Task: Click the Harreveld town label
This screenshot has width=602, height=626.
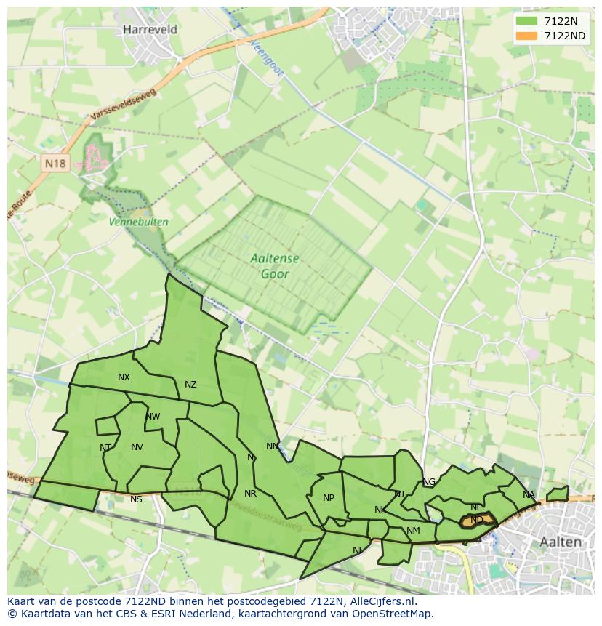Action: pyautogui.click(x=150, y=30)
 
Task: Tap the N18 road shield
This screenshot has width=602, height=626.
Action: pyautogui.click(x=55, y=164)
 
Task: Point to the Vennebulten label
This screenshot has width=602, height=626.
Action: pyautogui.click(x=139, y=222)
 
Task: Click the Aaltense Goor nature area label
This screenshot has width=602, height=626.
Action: pyautogui.click(x=275, y=266)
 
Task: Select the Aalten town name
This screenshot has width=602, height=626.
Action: pyautogui.click(x=561, y=542)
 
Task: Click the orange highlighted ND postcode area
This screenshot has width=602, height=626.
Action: pyautogui.click(x=477, y=520)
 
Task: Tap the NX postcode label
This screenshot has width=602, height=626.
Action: pyautogui.click(x=124, y=377)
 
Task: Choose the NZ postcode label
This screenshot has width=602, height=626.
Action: pyautogui.click(x=190, y=385)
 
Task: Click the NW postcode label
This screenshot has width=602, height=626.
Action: pyautogui.click(x=153, y=417)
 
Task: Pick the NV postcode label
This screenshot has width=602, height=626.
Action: pyautogui.click(x=137, y=447)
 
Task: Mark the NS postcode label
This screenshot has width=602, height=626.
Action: pyautogui.click(x=136, y=499)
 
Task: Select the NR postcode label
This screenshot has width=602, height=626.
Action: pyautogui.click(x=250, y=494)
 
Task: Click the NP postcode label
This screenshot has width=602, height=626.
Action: pyautogui.click(x=329, y=498)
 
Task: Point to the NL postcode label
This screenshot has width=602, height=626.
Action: pyautogui.click(x=358, y=550)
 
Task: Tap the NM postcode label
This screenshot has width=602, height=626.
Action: pyautogui.click(x=413, y=531)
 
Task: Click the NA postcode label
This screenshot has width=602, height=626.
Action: pyautogui.click(x=529, y=495)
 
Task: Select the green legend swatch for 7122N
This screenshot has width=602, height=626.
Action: pyautogui.click(x=526, y=20)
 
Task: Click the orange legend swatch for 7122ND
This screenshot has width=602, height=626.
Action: pyautogui.click(x=526, y=36)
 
